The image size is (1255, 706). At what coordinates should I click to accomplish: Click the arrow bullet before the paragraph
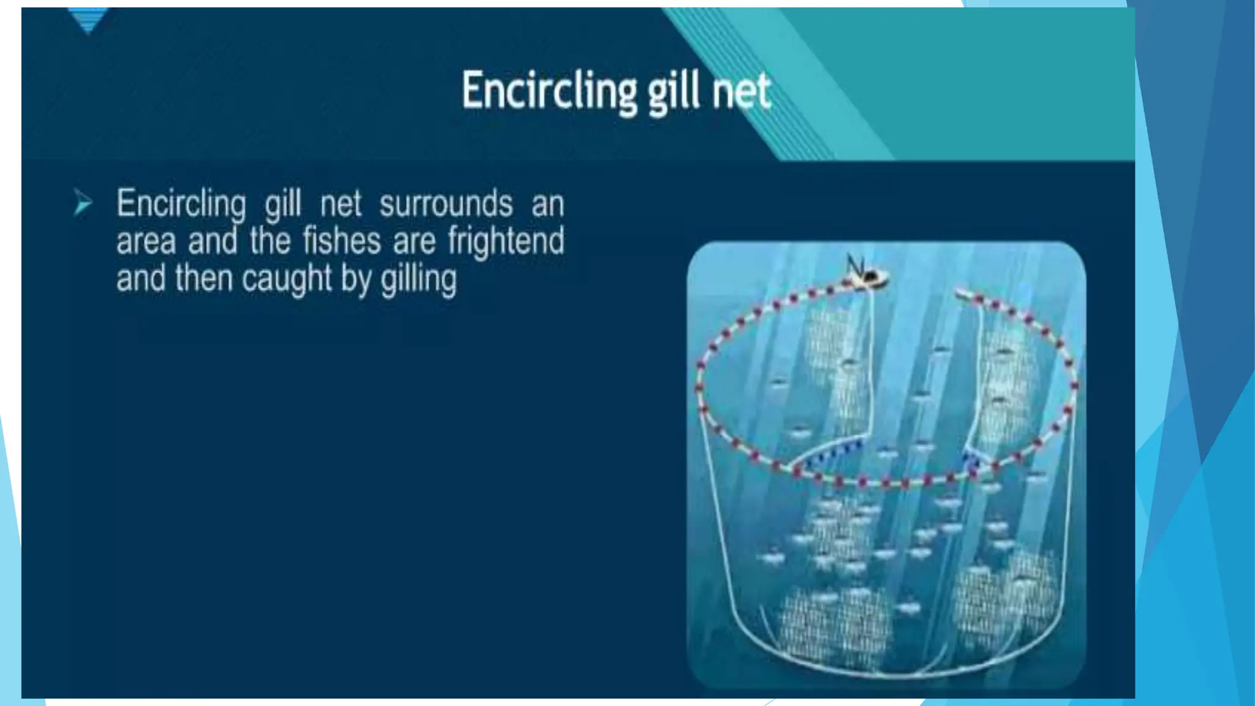83,203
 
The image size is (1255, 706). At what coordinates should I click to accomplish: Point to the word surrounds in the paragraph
446,203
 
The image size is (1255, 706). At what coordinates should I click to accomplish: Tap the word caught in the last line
287,279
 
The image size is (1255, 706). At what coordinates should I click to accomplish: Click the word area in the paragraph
145,241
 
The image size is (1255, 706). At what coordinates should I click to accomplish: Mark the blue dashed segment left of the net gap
833,453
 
